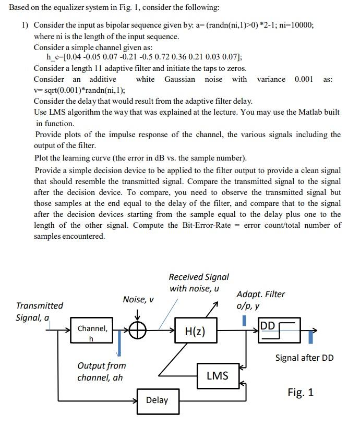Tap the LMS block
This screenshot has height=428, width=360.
point(217,375)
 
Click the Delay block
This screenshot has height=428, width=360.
point(157,400)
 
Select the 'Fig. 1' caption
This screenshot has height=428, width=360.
point(301,393)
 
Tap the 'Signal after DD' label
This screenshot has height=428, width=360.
point(304,358)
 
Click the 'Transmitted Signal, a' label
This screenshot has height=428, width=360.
point(39,311)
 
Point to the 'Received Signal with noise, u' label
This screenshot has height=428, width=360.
point(198,283)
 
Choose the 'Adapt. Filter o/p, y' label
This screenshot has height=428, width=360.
point(260,300)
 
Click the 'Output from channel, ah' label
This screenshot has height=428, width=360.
point(101,371)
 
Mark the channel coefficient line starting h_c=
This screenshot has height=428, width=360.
point(144,57)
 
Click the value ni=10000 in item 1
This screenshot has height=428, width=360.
point(296,25)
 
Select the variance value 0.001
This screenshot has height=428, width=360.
point(304,79)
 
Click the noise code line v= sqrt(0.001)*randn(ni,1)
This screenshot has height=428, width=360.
point(79,90)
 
